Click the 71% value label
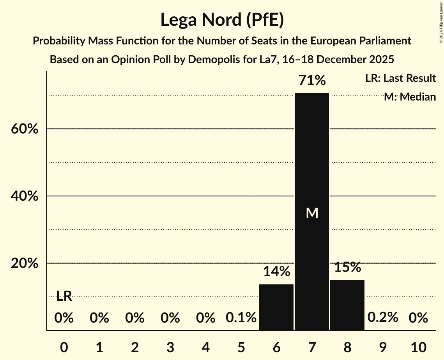[311, 81]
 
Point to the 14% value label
[276, 272]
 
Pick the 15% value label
[347, 267]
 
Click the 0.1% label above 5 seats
[241, 318]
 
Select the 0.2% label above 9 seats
[382, 317]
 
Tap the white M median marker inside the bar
[312, 213]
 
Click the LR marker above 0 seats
[64, 296]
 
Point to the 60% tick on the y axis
[24, 129]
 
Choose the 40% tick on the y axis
[24, 196]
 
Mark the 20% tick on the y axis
[24, 264]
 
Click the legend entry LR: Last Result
[400, 78]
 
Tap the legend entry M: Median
[409, 97]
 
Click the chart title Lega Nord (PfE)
[222, 20]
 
